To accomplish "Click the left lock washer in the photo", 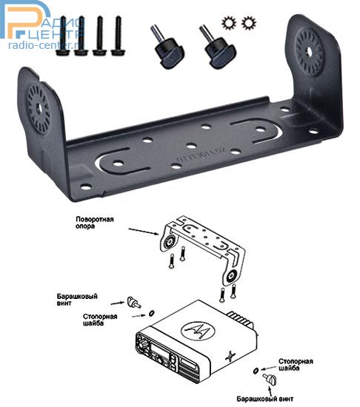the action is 229,23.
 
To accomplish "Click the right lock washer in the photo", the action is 249,23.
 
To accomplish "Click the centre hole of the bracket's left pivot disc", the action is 39,107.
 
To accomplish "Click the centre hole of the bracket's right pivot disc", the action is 309,52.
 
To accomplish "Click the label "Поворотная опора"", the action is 95,223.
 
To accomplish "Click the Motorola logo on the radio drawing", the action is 196,332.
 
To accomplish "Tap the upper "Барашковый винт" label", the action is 77,300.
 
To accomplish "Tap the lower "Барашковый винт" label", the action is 265,399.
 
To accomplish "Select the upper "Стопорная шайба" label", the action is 100,320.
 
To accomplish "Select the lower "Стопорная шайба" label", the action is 296,365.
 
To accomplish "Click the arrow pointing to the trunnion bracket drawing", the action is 144,232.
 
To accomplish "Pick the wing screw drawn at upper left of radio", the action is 134,303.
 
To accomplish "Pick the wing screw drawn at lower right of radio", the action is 270,379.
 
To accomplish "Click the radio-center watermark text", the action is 44,46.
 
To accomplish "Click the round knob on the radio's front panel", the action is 144,346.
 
